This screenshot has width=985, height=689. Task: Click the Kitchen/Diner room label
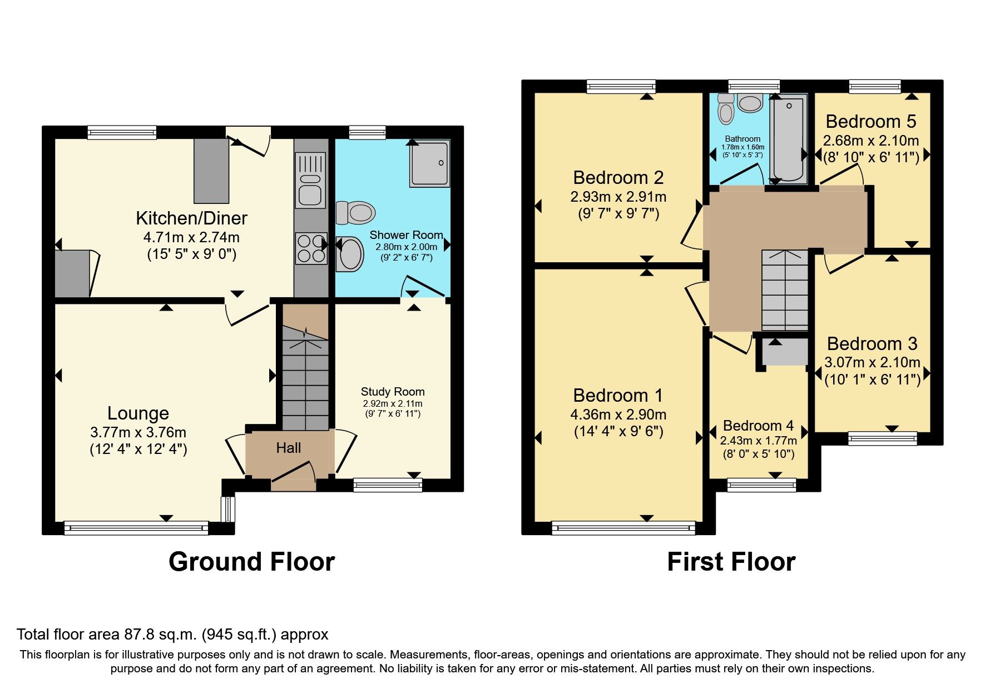[191, 218]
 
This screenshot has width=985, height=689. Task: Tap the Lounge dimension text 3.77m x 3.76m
[138, 432]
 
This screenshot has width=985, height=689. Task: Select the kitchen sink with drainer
[310, 180]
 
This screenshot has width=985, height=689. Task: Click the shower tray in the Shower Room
[429, 163]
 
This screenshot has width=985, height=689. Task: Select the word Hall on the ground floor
[288, 448]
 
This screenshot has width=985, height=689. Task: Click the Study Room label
[392, 392]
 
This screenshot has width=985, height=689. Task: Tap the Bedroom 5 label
[870, 121]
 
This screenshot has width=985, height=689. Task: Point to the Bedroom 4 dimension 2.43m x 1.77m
[758, 441]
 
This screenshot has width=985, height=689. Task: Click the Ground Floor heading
[251, 562]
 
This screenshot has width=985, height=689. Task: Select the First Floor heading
[731, 562]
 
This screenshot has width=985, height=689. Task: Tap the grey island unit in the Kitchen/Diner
[211, 171]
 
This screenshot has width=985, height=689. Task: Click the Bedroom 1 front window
[623, 527]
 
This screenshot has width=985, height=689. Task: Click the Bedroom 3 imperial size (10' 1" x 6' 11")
[872, 380]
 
